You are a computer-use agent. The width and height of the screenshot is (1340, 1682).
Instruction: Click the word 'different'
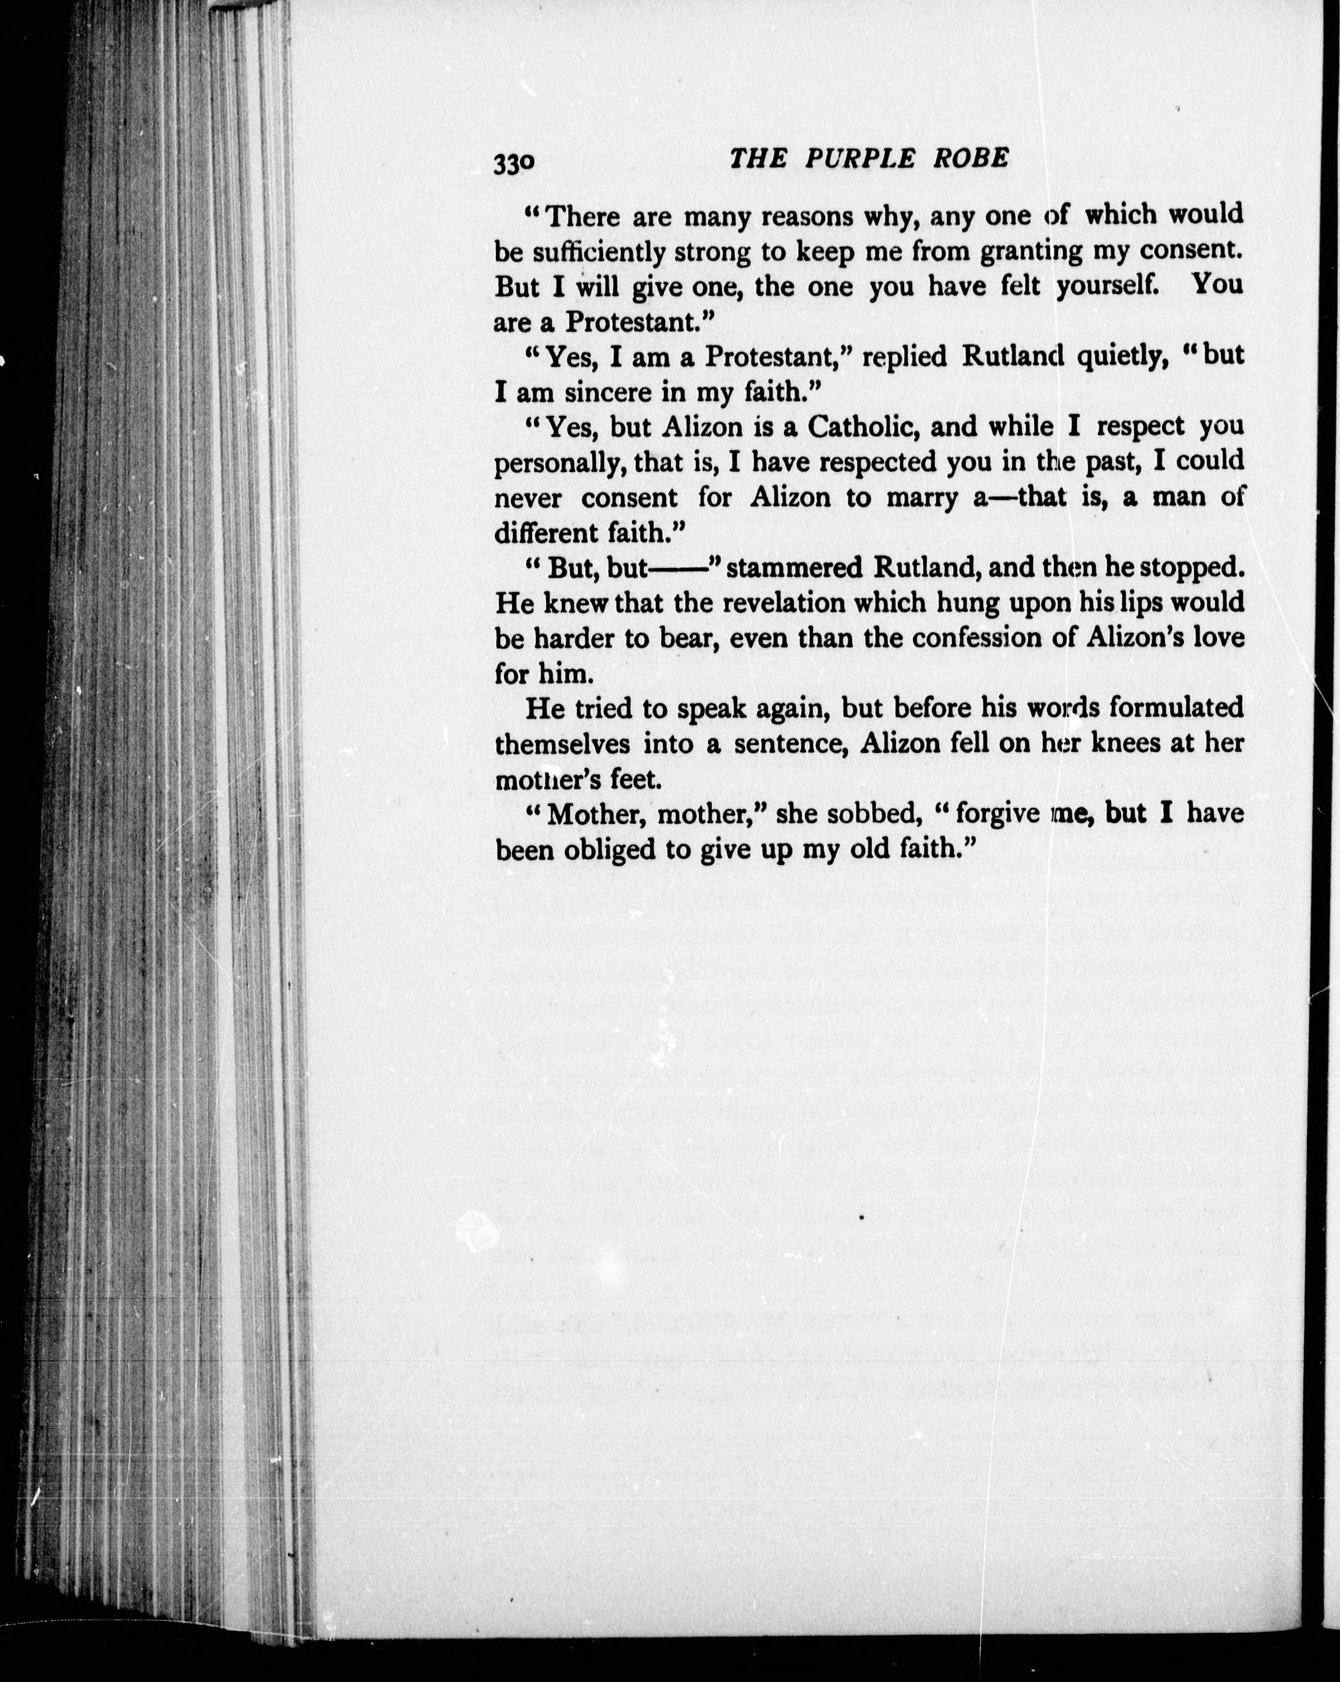(547, 533)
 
